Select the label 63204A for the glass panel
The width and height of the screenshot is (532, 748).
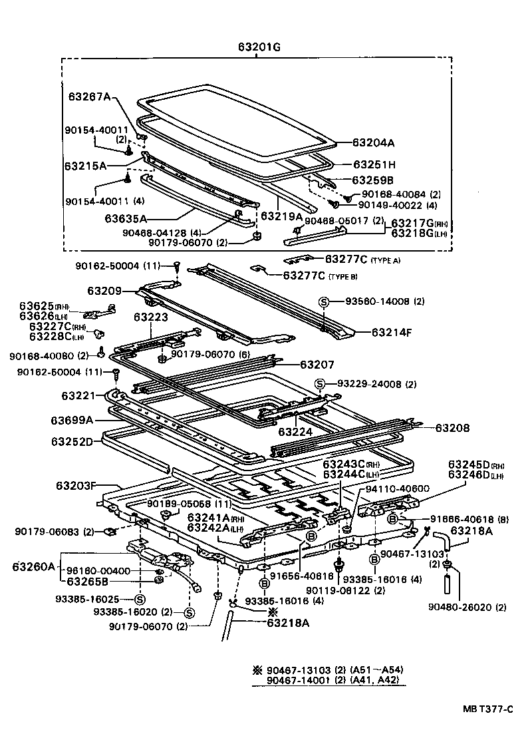pos(373,142)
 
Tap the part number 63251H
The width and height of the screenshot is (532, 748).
pos(374,164)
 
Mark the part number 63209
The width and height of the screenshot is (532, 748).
pos(103,291)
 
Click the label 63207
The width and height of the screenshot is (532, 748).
pos(317,365)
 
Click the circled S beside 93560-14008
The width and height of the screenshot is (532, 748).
pos(324,301)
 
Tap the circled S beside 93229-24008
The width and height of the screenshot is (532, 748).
pos(319,384)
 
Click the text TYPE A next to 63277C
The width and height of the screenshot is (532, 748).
pos(386,260)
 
